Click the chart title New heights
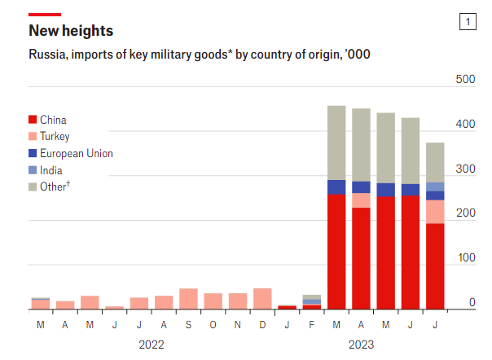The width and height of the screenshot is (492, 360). tap(71, 31)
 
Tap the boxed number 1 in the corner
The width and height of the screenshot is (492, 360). tap(468, 22)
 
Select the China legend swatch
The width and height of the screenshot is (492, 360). tap(33, 120)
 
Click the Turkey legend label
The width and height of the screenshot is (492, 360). tap(55, 137)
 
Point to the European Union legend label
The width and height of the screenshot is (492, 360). tap(77, 153)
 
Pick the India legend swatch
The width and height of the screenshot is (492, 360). tap(33, 170)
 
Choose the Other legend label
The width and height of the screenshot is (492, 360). tap(55, 187)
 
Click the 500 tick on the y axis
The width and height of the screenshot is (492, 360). tap(465, 79)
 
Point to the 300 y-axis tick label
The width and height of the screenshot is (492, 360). tap(465, 169)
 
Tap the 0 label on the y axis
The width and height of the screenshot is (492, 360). tap(472, 302)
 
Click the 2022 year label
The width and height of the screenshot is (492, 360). tap(152, 345)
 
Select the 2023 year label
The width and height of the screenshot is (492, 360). tap(361, 345)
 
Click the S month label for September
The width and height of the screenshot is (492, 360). tap(188, 324)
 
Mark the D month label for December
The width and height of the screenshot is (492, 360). tap(262, 324)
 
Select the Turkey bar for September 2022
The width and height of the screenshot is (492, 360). tap(188, 299)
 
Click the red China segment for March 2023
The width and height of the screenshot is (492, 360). tap(336, 252)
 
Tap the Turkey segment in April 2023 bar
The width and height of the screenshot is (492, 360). tap(361, 200)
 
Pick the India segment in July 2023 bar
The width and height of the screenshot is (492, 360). tap(435, 187)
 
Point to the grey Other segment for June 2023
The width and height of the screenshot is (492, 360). tap(411, 151)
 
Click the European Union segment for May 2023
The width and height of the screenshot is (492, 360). tap(385, 190)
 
